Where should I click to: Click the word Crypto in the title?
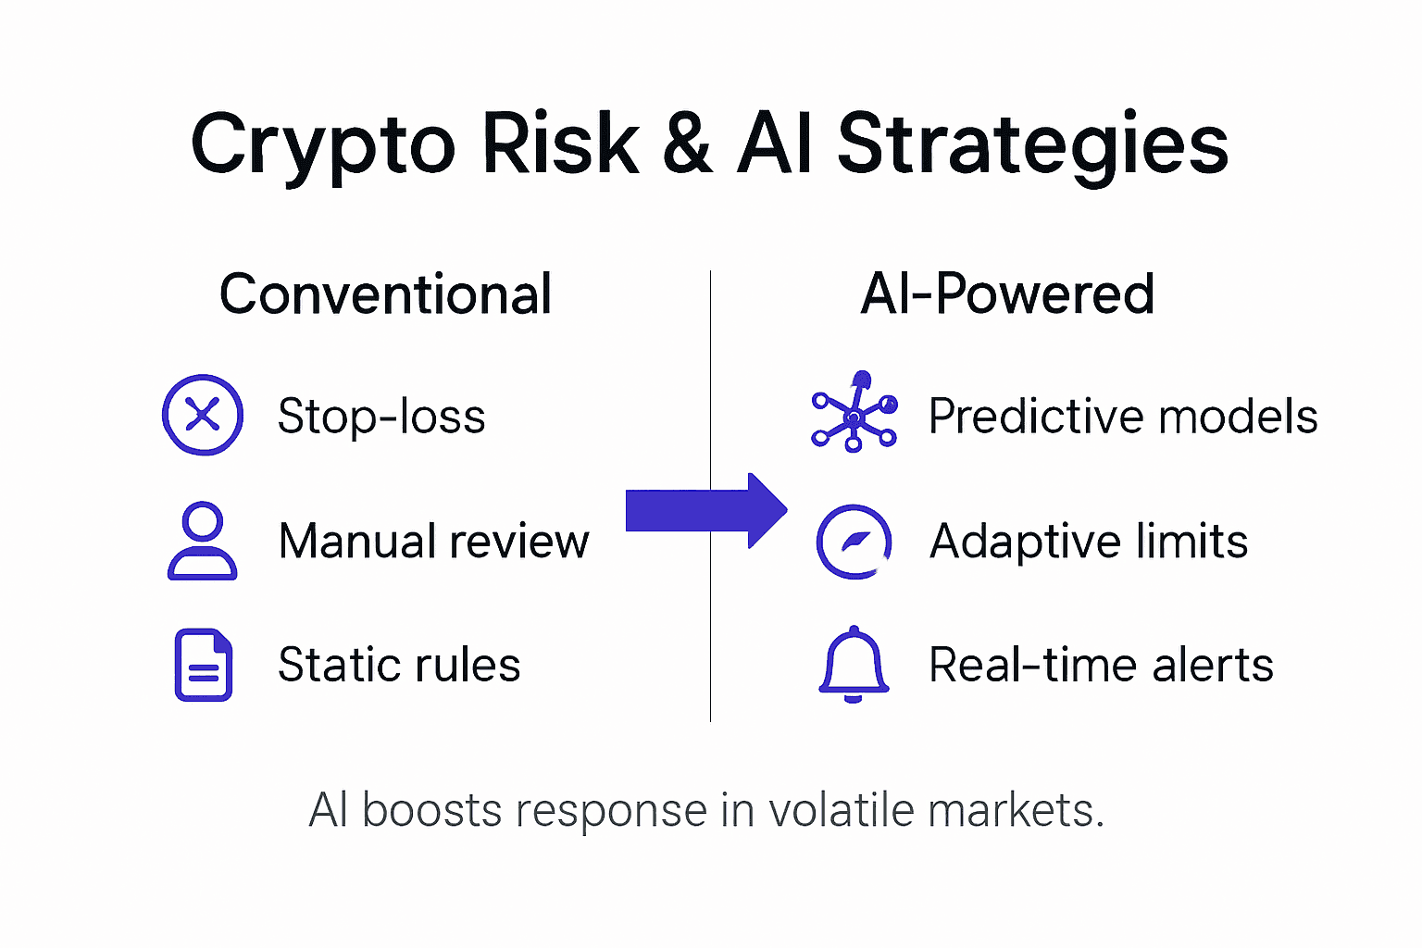click(323, 146)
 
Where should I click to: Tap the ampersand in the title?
click(687, 144)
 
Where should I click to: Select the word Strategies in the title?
click(1032, 146)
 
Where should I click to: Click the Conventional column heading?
click(385, 294)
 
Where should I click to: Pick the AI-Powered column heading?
click(1007, 294)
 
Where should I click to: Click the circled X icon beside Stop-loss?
click(203, 415)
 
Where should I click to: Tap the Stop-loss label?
click(381, 417)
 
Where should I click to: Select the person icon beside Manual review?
click(203, 541)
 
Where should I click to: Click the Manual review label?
click(433, 541)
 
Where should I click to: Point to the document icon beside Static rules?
click(204, 665)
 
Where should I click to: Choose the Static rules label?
click(399, 665)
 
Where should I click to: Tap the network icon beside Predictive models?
click(854, 413)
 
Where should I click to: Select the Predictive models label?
click(1123, 417)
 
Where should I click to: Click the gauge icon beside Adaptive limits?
click(854, 542)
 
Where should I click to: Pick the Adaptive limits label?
click(1089, 542)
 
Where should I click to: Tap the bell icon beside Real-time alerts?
click(854, 663)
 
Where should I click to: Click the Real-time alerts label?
click(1101, 665)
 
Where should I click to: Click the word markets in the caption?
click(1015, 811)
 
